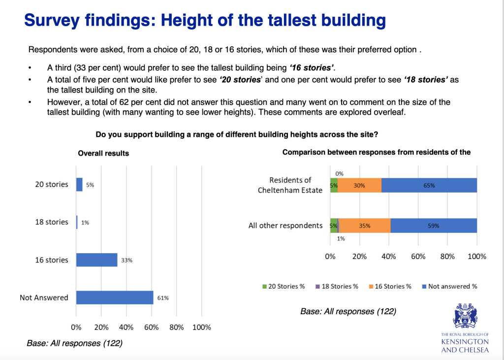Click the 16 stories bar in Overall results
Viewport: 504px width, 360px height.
pos(96,260)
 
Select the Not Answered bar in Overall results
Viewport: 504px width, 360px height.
pos(115,297)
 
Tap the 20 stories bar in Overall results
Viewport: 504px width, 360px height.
pos(79,185)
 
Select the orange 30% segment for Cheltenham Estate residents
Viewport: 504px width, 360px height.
pos(359,186)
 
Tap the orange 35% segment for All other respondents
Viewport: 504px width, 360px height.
pos(365,226)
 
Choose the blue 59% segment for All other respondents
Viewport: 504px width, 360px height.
pos(433,226)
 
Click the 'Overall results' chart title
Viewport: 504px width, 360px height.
pos(103,153)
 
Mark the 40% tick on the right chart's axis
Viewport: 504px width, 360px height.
pos(389,257)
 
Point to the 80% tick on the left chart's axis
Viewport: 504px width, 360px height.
pos(177,327)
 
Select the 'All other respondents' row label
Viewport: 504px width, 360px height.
pos(285,226)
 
